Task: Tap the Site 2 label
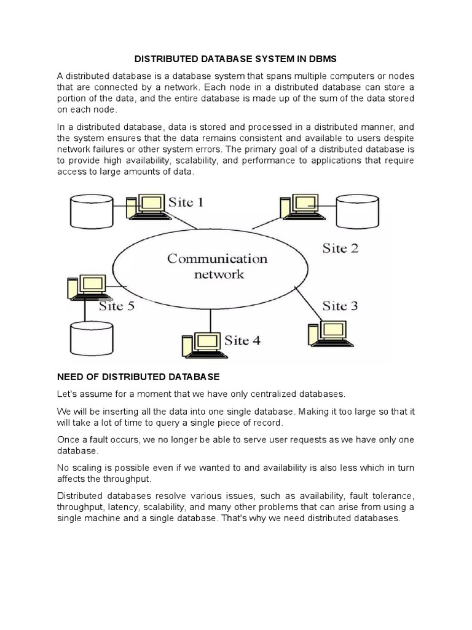tap(340, 248)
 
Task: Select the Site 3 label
tap(340, 305)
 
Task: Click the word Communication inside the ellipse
tap(218, 258)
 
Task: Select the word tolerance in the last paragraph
tap(392, 495)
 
